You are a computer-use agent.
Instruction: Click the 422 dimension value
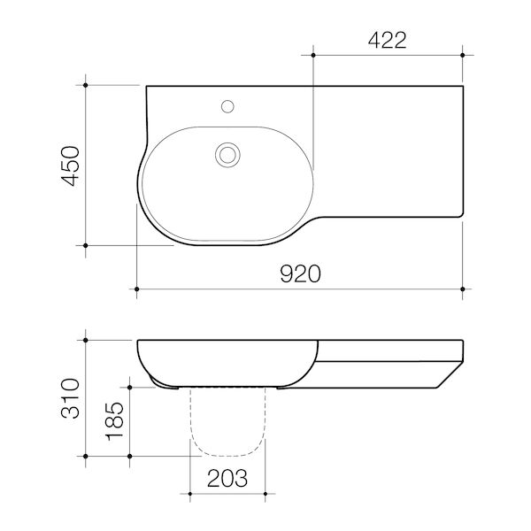pyautogui.click(x=388, y=39)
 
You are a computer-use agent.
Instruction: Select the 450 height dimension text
pyautogui.click(x=70, y=165)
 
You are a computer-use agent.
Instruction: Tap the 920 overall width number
pyautogui.click(x=300, y=273)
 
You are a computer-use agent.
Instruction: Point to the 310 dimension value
pyautogui.click(x=70, y=396)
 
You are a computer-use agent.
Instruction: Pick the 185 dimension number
pyautogui.click(x=114, y=421)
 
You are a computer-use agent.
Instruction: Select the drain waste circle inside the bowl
pyautogui.click(x=227, y=155)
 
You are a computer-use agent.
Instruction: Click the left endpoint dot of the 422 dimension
pyautogui.click(x=313, y=56)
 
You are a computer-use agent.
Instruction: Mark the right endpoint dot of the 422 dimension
pyautogui.click(x=464, y=56)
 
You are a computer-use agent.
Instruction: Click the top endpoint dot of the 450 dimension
pyautogui.click(x=86, y=85)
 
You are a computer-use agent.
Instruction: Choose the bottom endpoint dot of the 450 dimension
pyautogui.click(x=86, y=244)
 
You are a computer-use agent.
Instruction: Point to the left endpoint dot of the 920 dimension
pyautogui.click(x=136, y=289)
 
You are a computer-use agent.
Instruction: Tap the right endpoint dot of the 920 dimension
pyautogui.click(x=464, y=289)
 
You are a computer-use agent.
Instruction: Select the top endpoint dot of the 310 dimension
pyautogui.click(x=86, y=338)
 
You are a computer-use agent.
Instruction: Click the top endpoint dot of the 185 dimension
pyautogui.click(x=130, y=387)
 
